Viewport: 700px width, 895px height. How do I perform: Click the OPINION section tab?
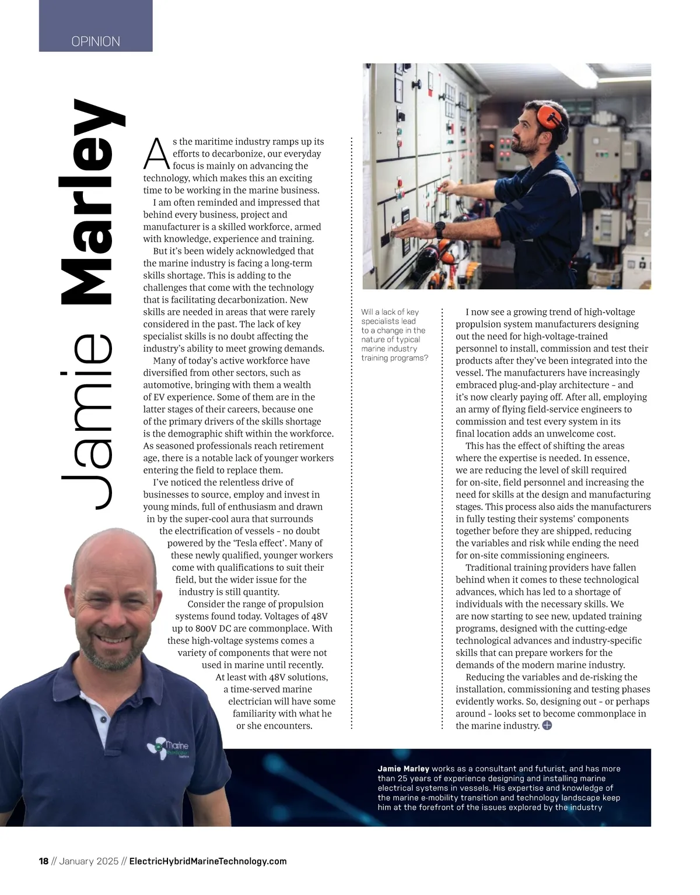(96, 41)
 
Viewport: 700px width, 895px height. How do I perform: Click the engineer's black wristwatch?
(439, 227)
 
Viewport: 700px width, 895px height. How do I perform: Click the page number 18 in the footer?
(44, 861)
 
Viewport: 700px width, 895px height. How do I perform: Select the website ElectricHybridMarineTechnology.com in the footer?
(208, 861)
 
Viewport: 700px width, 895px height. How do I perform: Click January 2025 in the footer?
(89, 861)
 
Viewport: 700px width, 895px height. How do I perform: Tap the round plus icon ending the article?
(547, 725)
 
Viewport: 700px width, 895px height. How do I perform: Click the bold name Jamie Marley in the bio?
(403, 768)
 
